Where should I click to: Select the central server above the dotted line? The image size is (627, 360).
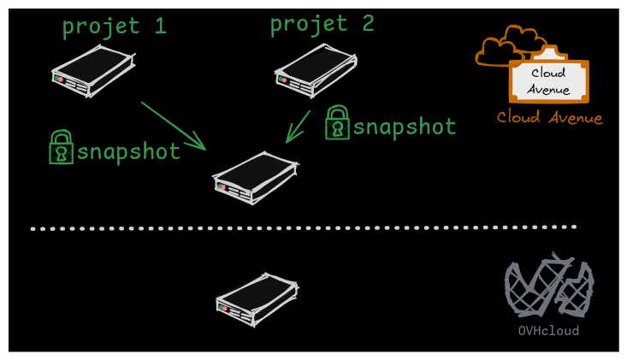tap(255, 178)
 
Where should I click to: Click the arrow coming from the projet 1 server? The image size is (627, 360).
tap(174, 126)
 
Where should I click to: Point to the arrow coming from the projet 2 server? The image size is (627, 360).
tap(299, 127)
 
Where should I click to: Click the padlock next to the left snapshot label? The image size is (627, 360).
tap(61, 148)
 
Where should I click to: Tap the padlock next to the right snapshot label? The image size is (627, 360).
tap(337, 123)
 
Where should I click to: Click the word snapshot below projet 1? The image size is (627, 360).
tap(128, 152)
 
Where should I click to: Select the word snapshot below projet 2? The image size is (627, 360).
tap(405, 127)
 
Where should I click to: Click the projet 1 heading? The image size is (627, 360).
tap(113, 27)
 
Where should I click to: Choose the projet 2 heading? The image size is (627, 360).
tap(322, 24)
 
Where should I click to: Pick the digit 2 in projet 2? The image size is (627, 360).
tap(368, 23)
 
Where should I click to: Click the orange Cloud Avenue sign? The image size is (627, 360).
tap(548, 80)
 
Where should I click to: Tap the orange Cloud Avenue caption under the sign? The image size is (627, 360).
tap(549, 118)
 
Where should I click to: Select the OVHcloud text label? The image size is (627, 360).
tap(548, 331)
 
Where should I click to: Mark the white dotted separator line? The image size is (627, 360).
tap(304, 228)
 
